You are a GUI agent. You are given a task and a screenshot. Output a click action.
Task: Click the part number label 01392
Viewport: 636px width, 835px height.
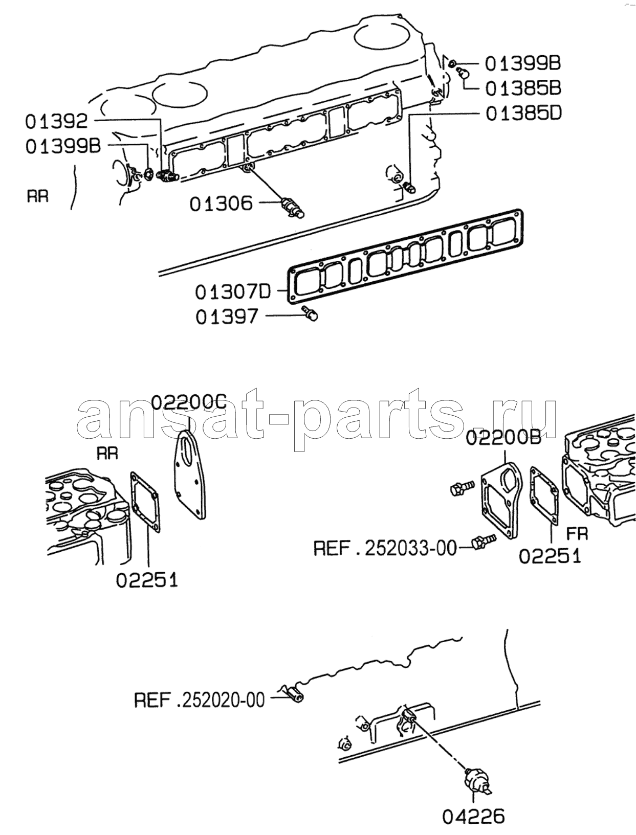pyautogui.click(x=56, y=121)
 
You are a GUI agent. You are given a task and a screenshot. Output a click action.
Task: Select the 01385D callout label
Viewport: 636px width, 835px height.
pyautogui.click(x=524, y=114)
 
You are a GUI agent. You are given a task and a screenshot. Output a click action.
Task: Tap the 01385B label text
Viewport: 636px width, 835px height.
pyautogui.click(x=523, y=88)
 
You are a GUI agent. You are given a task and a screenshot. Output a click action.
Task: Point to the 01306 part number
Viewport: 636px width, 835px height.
pyautogui.click(x=221, y=204)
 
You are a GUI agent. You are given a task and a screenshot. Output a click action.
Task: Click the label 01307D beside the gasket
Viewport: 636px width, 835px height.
pyautogui.click(x=233, y=292)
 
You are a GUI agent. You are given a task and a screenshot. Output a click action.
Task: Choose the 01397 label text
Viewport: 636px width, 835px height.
pyautogui.click(x=227, y=317)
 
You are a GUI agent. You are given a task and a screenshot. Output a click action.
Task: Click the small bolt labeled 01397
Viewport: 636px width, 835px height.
pyautogui.click(x=310, y=313)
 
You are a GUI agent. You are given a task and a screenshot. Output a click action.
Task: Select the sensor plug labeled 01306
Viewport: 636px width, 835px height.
pyautogui.click(x=293, y=208)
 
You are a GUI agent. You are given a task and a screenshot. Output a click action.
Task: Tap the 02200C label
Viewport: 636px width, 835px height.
pyautogui.click(x=189, y=402)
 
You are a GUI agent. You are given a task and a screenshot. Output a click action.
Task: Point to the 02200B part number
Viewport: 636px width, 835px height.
pyautogui.click(x=503, y=438)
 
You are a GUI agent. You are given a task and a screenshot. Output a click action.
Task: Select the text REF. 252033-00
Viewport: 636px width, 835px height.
pyautogui.click(x=385, y=549)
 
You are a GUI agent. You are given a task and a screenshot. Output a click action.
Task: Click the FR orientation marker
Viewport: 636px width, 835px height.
pyautogui.click(x=577, y=534)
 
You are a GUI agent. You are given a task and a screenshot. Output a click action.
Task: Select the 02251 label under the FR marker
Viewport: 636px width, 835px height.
pyautogui.click(x=550, y=557)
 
